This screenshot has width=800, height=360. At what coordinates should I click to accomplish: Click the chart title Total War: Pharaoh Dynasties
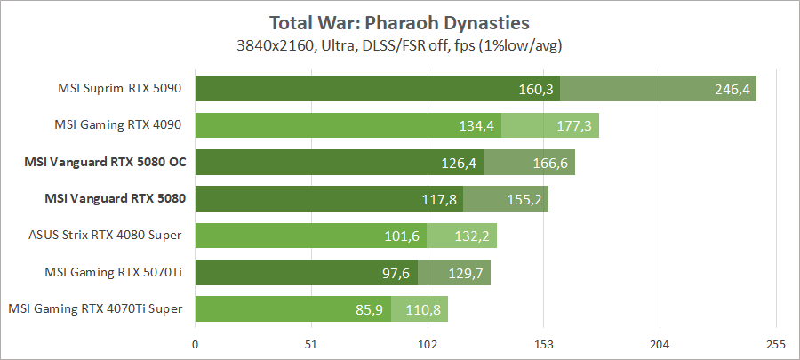(x=399, y=20)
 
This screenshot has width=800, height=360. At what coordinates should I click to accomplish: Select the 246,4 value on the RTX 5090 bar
(x=732, y=89)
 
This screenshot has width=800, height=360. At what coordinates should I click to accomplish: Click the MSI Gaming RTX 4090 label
(x=120, y=125)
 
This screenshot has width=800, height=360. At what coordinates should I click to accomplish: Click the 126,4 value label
(x=460, y=163)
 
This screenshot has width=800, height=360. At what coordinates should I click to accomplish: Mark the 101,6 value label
(x=403, y=236)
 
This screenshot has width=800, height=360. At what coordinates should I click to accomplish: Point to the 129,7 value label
(x=466, y=273)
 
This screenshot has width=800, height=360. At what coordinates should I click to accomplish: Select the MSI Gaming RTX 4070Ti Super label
(x=96, y=308)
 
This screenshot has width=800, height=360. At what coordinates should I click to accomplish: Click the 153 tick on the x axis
(x=544, y=344)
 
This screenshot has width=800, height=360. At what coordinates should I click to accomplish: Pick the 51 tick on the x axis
(x=311, y=344)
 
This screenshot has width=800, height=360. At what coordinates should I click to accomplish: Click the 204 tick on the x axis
(x=660, y=344)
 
